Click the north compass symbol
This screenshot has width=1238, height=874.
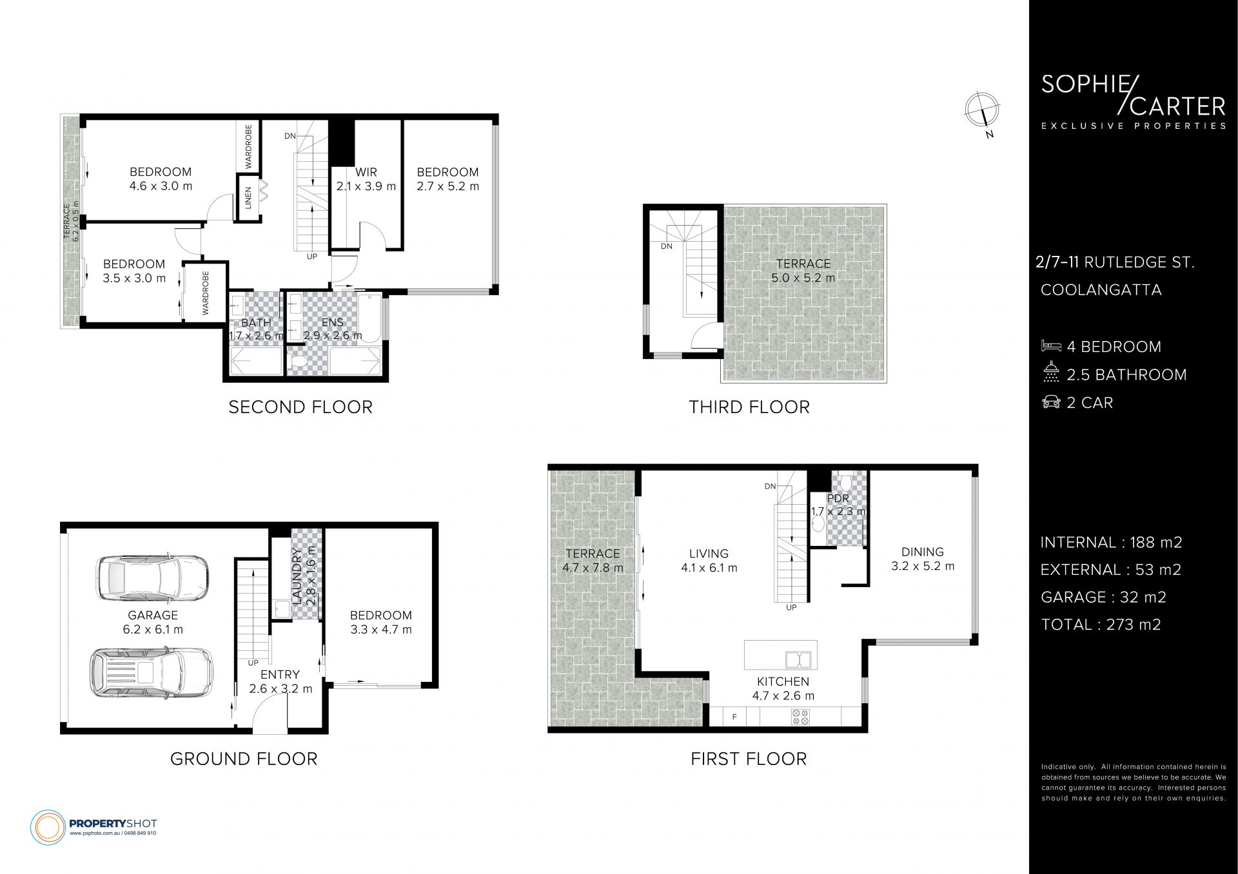[983, 112]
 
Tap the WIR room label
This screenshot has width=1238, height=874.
[366, 172]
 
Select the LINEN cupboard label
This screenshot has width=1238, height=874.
[248, 198]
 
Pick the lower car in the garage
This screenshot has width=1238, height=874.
[152, 673]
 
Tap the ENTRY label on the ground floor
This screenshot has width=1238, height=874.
[280, 675]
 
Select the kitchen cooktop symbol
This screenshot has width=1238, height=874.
[800, 717]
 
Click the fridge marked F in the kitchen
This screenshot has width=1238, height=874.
[734, 717]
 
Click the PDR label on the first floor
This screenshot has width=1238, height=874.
[838, 498]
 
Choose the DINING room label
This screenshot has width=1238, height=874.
[923, 552]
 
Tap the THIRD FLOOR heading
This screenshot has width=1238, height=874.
[749, 407]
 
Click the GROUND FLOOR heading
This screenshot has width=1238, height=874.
[244, 759]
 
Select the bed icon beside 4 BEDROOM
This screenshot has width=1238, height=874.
[1051, 346]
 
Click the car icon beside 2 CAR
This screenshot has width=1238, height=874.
[1051, 402]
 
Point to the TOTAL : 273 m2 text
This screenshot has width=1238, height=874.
[1101, 625]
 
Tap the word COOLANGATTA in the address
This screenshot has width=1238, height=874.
[1101, 290]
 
